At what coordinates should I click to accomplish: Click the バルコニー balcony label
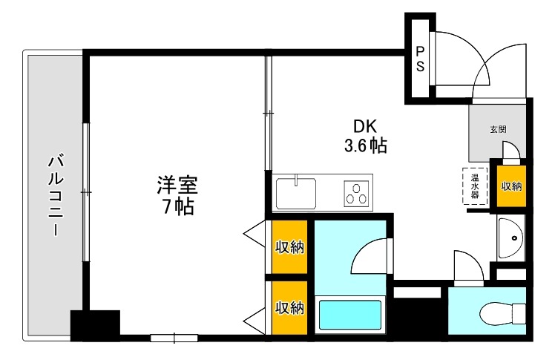point(54,194)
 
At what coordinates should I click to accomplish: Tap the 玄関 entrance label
point(498,129)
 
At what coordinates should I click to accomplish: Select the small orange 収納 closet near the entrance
point(510,186)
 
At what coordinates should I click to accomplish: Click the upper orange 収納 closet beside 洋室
point(289,247)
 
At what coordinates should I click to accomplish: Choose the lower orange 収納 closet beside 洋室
point(289,307)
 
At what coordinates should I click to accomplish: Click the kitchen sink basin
point(296,194)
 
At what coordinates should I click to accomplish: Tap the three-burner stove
point(357,194)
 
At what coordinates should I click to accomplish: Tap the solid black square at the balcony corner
point(95,325)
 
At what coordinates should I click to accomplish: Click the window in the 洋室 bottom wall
point(174,338)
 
